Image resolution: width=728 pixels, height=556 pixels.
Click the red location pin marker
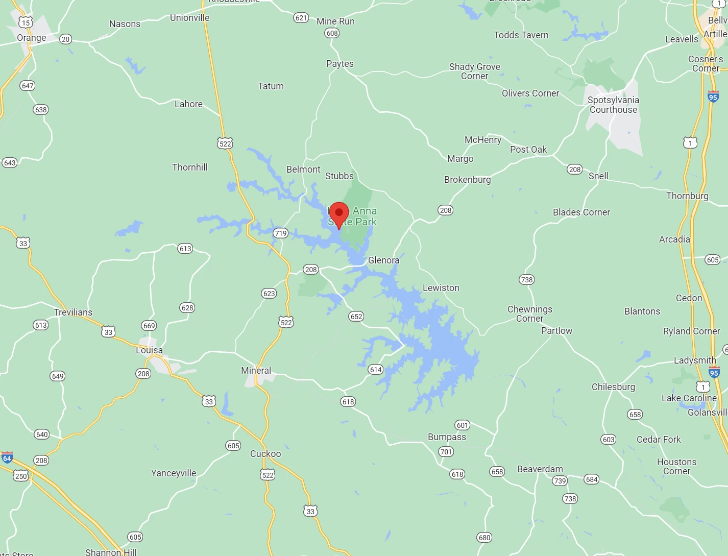point(339,213)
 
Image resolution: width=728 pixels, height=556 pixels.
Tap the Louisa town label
point(149,350)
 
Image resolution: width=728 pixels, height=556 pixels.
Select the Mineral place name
point(256,371)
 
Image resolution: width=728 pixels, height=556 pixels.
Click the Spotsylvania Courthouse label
point(613,105)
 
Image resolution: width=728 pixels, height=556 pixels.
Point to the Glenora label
point(383,260)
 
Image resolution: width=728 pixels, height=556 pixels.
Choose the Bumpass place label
point(447,437)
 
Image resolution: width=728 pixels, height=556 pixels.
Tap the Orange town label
point(31,38)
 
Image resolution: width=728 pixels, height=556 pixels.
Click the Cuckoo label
point(265,454)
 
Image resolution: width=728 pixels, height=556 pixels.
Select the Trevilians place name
point(73,312)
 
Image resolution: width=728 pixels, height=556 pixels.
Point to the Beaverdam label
point(540,469)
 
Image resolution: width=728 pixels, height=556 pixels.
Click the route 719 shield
point(281,233)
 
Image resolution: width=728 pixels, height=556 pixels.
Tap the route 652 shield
point(356,317)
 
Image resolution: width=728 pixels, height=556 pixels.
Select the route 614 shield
point(376,370)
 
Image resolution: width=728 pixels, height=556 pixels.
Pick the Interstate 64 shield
point(7,458)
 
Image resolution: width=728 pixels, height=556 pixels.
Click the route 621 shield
point(301,18)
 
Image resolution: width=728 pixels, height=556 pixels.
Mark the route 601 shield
point(463,425)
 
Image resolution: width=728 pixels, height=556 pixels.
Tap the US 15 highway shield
point(26,22)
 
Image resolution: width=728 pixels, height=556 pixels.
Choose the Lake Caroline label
point(689,398)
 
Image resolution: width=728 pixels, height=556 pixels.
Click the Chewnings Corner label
point(530,314)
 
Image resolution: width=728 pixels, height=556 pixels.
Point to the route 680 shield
point(484,538)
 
